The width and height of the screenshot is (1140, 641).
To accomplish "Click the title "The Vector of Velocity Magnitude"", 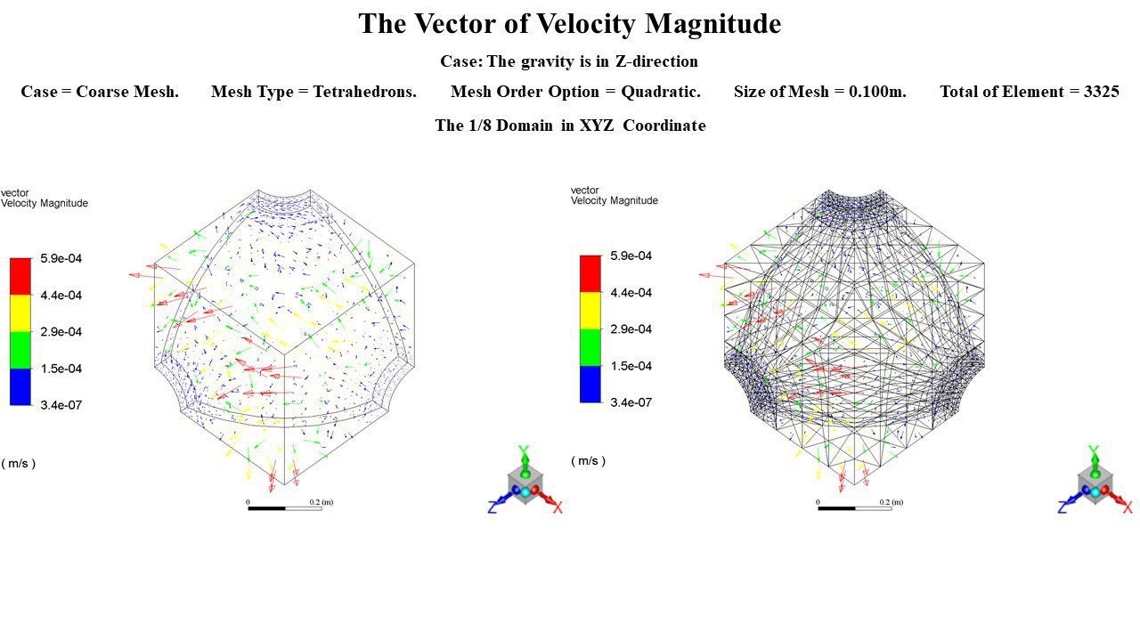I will click(569, 24).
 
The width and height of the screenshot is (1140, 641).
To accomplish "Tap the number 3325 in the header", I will click(1101, 92).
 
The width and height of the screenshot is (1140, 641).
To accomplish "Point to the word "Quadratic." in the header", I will click(661, 92).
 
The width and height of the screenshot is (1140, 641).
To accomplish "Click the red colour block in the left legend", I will click(20, 276).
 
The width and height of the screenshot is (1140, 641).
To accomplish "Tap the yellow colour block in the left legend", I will click(20, 312).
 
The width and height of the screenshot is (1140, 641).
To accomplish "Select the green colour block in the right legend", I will click(590, 347).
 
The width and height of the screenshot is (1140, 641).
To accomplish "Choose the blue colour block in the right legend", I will click(590, 384).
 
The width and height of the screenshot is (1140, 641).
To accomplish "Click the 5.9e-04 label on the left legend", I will click(61, 259).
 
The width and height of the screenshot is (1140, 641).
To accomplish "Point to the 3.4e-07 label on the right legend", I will click(631, 402).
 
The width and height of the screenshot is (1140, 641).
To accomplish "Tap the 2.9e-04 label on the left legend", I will click(61, 332).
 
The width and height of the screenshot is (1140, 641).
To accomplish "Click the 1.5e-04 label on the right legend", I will click(631, 366).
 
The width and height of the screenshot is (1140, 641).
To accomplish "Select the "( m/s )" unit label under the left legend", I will click(19, 463).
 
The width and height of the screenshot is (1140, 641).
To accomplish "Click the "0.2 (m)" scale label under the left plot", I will click(321, 502).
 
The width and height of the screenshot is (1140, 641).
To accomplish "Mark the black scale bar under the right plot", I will click(836, 508).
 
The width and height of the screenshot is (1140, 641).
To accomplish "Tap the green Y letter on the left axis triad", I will click(525, 450).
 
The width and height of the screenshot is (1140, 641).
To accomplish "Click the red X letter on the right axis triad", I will click(1128, 507).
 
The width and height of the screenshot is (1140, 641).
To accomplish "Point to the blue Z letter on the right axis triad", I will click(1063, 507).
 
